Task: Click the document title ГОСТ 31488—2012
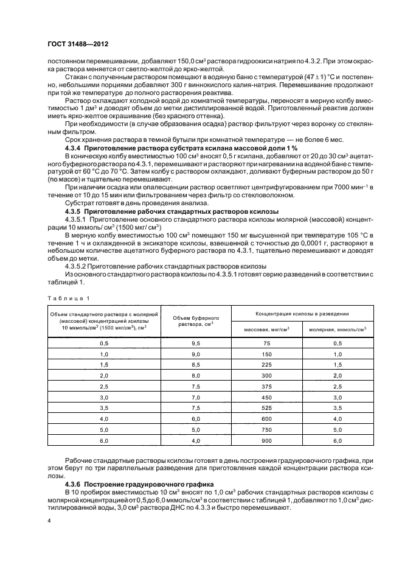coord(74,44)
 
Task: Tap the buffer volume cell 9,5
coord(196,343)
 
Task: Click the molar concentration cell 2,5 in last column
coord(338,387)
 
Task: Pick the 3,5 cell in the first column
coord(103,408)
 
